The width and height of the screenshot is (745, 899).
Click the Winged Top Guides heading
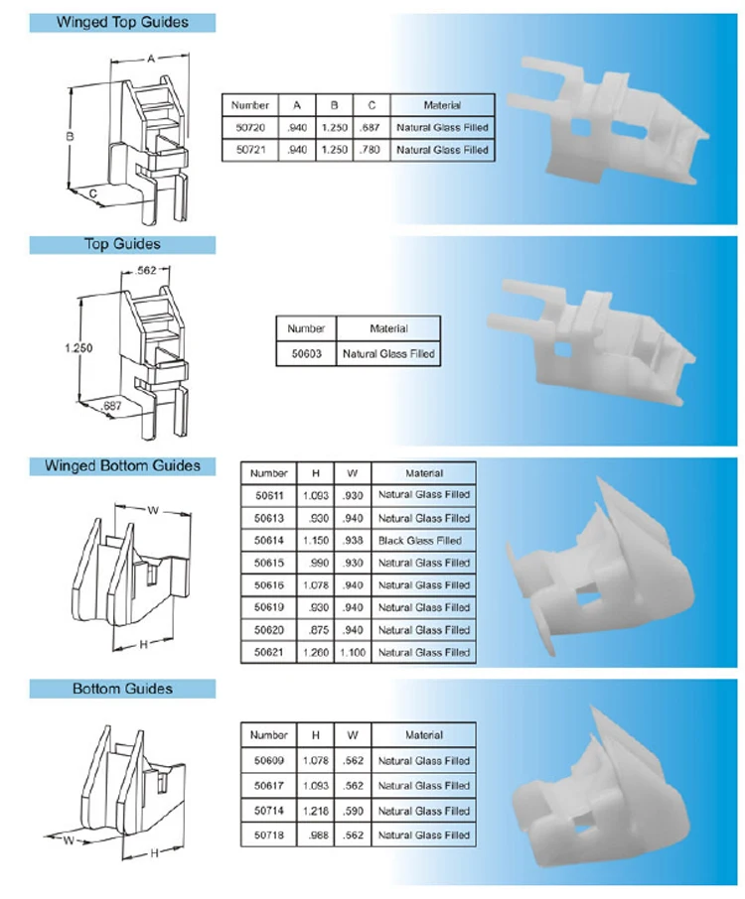pos(122,22)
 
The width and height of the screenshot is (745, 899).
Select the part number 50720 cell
pos(249,128)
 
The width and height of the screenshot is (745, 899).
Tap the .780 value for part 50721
pos(371,150)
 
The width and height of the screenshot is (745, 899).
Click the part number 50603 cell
pos(305,353)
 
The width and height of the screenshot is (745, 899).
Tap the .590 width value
pos(352,811)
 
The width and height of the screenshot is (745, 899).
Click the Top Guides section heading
pos(122,244)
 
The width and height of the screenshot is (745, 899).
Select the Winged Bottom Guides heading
pos(122,465)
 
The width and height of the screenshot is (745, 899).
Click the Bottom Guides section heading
pos(122,689)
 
